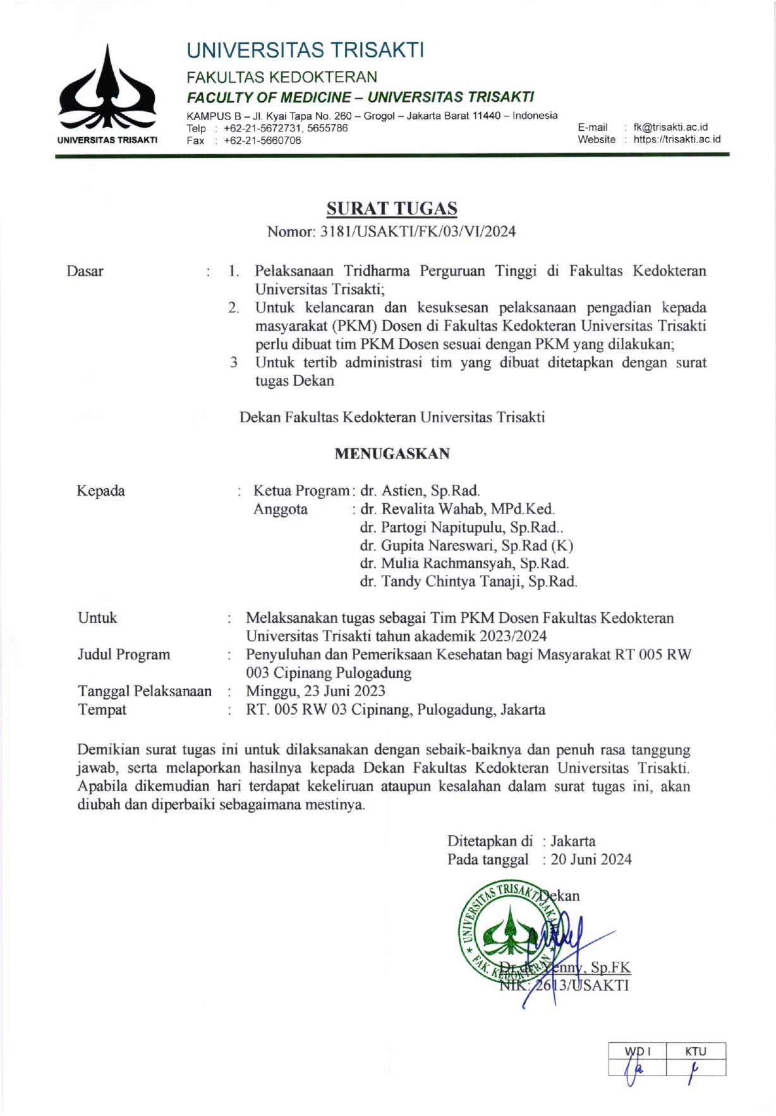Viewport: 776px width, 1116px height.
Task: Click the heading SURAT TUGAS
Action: pyautogui.click(x=391, y=208)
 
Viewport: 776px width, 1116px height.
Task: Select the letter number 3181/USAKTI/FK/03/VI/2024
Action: pyautogui.click(x=418, y=231)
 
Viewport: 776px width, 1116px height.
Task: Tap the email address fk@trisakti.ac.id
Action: pyautogui.click(x=670, y=127)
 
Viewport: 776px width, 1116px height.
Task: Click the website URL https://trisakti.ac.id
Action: pyautogui.click(x=676, y=139)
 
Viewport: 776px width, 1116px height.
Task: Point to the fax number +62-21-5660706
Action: pyautogui.click(x=262, y=140)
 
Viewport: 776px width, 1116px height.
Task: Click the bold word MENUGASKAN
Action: pyautogui.click(x=392, y=453)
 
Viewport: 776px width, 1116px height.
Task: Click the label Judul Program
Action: pyautogui.click(x=124, y=654)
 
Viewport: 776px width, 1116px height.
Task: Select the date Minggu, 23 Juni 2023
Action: pyautogui.click(x=315, y=691)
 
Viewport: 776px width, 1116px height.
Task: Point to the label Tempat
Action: pyautogui.click(x=102, y=709)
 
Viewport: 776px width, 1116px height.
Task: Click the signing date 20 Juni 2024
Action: pyautogui.click(x=591, y=859)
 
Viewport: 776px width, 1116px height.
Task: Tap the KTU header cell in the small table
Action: pyautogui.click(x=695, y=1051)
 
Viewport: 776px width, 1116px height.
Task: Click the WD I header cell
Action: pyautogui.click(x=637, y=1051)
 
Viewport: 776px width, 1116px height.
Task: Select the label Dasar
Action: pyautogui.click(x=85, y=271)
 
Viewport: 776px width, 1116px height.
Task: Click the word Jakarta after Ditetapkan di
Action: pyautogui.click(x=573, y=841)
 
